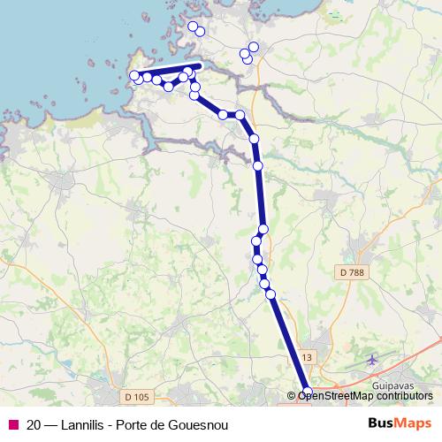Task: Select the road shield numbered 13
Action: [307, 356]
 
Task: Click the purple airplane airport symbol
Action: [371, 359]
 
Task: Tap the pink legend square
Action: [12, 425]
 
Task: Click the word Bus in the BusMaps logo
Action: [381, 424]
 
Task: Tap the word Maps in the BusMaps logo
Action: [413, 424]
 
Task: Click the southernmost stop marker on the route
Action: [307, 392]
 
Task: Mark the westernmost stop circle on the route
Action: [134, 76]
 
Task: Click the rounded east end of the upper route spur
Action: [200, 65]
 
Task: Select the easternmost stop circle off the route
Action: [254, 47]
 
